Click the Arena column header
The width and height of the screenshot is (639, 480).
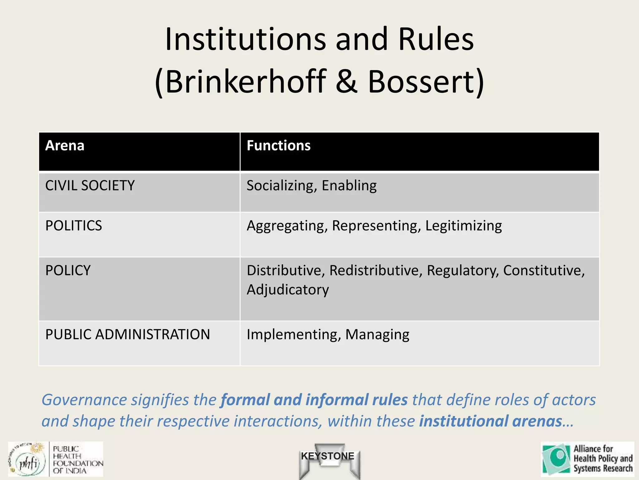tap(65, 146)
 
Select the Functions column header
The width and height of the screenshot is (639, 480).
tap(278, 146)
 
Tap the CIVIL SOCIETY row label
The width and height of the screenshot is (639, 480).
tap(90, 186)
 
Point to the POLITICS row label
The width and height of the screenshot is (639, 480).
tap(74, 226)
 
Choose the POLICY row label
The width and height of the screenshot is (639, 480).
tap(68, 271)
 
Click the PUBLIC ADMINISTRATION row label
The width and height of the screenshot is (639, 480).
tap(128, 334)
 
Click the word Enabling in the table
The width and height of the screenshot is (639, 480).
tap(349, 186)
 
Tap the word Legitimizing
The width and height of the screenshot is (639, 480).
tap(463, 226)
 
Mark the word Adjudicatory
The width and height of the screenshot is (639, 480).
tap(288, 290)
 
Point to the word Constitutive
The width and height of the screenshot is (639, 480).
tap(544, 271)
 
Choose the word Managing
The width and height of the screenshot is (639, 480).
tap(377, 334)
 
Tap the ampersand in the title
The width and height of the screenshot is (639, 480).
tap(346, 82)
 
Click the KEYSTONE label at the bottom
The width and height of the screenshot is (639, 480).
tap(328, 456)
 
